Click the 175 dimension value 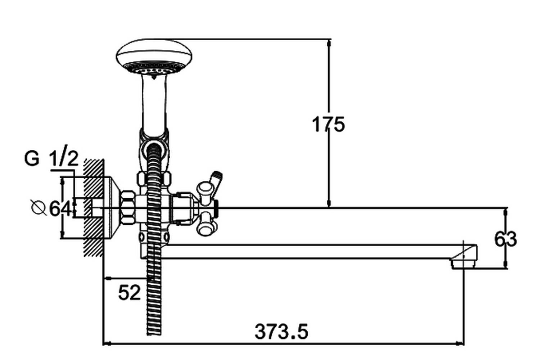click(x=328, y=125)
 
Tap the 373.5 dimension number click(x=281, y=332)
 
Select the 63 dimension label click(x=506, y=239)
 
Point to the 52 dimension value click(x=129, y=293)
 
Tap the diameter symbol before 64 click(x=39, y=207)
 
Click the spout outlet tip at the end click(x=464, y=263)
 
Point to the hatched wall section click(x=93, y=208)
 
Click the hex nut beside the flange click(x=128, y=208)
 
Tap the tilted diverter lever click(x=216, y=183)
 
